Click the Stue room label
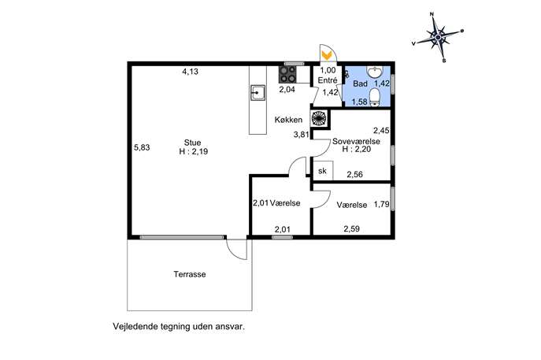[x=192, y=143]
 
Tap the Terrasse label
[x=190, y=274]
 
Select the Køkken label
[x=288, y=120]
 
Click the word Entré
[x=328, y=80]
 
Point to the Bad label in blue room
[x=360, y=84]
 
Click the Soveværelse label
[x=357, y=142]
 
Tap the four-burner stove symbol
[x=287, y=74]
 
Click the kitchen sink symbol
[x=258, y=92]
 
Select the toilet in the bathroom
[x=374, y=98]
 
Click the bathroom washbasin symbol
[x=374, y=72]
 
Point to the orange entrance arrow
[x=326, y=55]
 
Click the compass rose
[x=438, y=37]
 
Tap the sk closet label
[x=322, y=170]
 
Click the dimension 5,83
[x=142, y=147]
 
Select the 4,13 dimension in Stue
[x=191, y=72]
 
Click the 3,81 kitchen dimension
[x=301, y=135]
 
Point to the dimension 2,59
[x=351, y=228]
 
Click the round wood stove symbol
[x=319, y=118]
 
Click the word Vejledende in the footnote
[x=136, y=326]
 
